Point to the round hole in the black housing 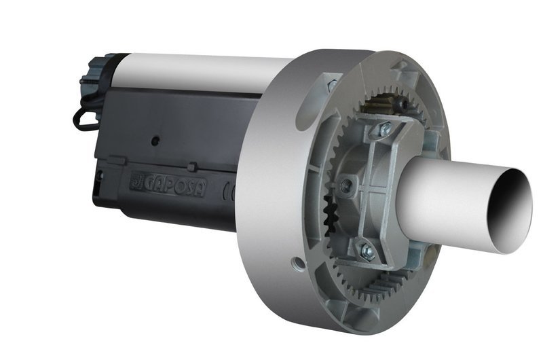155,141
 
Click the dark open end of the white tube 511,211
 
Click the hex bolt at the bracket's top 385,128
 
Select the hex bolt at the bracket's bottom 367,252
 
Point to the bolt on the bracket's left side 345,185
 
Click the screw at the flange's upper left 331,85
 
